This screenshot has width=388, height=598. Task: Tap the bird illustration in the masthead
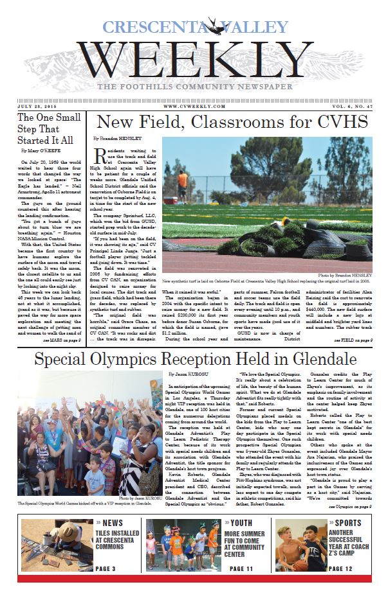pos(210,26)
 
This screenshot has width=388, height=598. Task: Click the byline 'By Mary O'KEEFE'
pos(40,152)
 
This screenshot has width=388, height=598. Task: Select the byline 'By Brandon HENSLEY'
pos(116,139)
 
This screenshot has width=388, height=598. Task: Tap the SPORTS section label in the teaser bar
pos(348,523)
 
